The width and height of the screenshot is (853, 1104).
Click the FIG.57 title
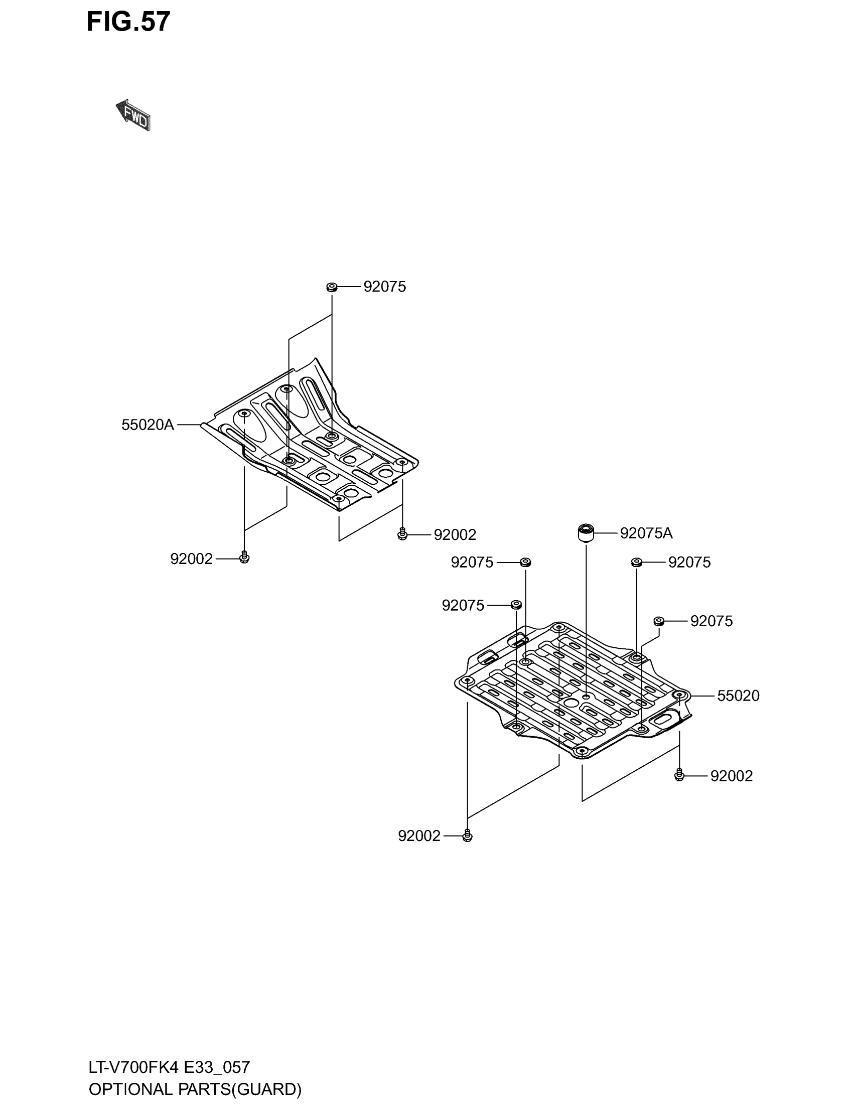(128, 22)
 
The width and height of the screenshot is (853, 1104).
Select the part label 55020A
(148, 425)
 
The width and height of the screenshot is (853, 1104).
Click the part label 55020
(738, 696)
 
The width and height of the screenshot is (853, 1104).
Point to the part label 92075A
(646, 533)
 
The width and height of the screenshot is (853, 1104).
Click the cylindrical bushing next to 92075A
(586, 533)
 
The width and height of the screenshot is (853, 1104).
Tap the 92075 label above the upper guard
(384, 287)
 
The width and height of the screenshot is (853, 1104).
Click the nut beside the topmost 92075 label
(332, 287)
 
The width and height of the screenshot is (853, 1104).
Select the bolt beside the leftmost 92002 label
(244, 558)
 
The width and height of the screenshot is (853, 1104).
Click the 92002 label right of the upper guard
(455, 535)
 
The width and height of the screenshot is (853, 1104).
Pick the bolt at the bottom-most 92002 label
(468, 836)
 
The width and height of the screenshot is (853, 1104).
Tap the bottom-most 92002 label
(419, 836)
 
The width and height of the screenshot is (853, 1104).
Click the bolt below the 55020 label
(679, 775)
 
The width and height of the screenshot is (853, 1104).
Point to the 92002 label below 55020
(731, 776)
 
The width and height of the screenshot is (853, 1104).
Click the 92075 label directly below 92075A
(689, 562)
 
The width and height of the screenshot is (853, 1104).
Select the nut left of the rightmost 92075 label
(658, 621)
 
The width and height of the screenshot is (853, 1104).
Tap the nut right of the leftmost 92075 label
(515, 605)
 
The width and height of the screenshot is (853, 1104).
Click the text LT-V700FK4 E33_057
(169, 1067)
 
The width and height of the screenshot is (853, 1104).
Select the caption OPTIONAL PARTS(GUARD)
(195, 1089)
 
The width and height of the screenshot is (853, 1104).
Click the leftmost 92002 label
(192, 559)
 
